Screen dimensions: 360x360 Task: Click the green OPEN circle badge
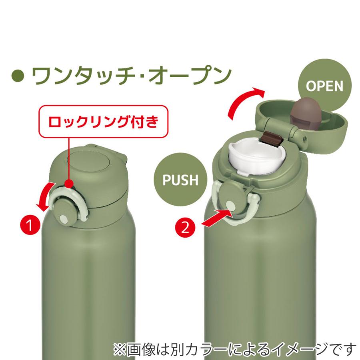tap(324, 86)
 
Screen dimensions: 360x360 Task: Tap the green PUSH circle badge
tap(180, 180)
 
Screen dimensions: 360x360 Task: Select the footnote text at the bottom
tap(234, 348)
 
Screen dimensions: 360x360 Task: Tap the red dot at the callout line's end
tap(69, 184)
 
